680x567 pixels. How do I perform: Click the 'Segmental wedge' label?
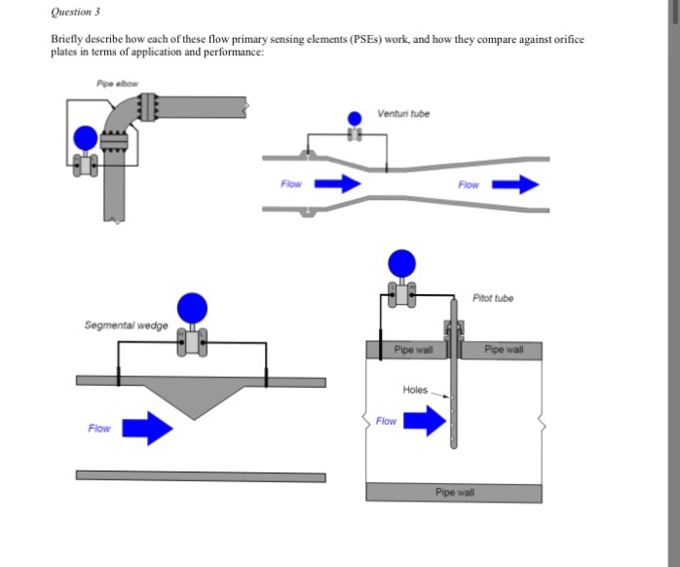click(x=127, y=324)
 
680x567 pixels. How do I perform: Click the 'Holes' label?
click(x=415, y=390)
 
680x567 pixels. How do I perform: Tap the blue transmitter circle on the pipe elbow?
click(x=87, y=137)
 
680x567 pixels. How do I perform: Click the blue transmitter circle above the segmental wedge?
click(x=193, y=306)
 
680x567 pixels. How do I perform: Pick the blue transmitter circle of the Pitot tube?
click(x=401, y=262)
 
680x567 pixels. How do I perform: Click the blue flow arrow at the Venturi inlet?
click(x=335, y=183)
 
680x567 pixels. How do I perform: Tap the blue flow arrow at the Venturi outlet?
click(x=513, y=183)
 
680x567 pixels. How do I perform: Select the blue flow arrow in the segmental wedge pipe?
click(x=147, y=428)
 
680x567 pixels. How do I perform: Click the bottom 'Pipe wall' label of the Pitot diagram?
click(x=453, y=493)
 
